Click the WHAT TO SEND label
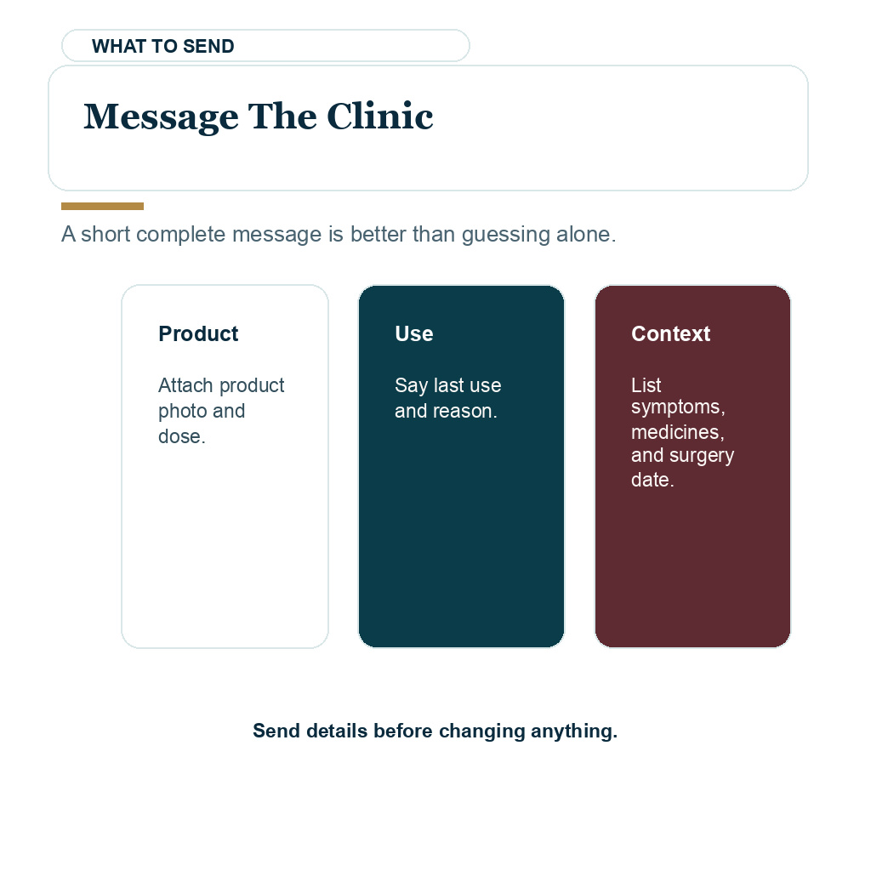[x=162, y=46]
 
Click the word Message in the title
[x=161, y=117]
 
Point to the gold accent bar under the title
[x=102, y=206]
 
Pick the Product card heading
[x=198, y=333]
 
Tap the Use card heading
[x=414, y=333]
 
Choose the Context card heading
[x=670, y=333]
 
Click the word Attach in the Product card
[x=185, y=385]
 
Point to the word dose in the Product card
[x=179, y=436]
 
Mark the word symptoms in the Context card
[x=675, y=407]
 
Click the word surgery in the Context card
[x=702, y=456]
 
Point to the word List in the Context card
[x=646, y=385]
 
